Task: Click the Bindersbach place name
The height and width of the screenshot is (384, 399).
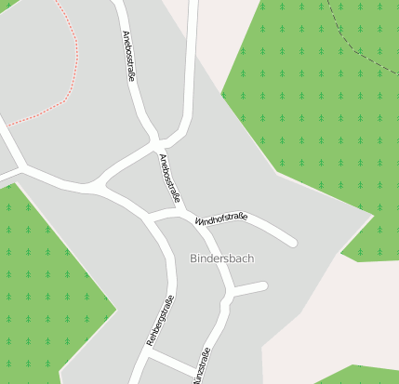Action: (x=221, y=258)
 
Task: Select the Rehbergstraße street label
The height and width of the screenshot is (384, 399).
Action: (x=161, y=321)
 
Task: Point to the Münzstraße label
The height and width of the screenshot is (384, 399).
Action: (x=201, y=366)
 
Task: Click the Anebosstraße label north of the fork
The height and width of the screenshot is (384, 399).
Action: (x=129, y=57)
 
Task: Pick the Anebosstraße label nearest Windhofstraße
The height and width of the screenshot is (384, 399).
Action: (x=168, y=178)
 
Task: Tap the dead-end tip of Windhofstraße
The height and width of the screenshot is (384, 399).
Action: (x=292, y=243)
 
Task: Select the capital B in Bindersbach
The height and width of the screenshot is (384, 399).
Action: (x=193, y=258)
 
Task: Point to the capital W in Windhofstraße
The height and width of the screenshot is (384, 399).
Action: (x=198, y=223)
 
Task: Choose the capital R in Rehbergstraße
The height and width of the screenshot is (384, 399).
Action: (x=150, y=344)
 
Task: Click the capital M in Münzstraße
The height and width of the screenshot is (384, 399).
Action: (x=195, y=380)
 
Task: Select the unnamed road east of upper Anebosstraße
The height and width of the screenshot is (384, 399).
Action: (x=191, y=65)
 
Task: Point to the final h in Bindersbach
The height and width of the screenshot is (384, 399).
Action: (x=250, y=258)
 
